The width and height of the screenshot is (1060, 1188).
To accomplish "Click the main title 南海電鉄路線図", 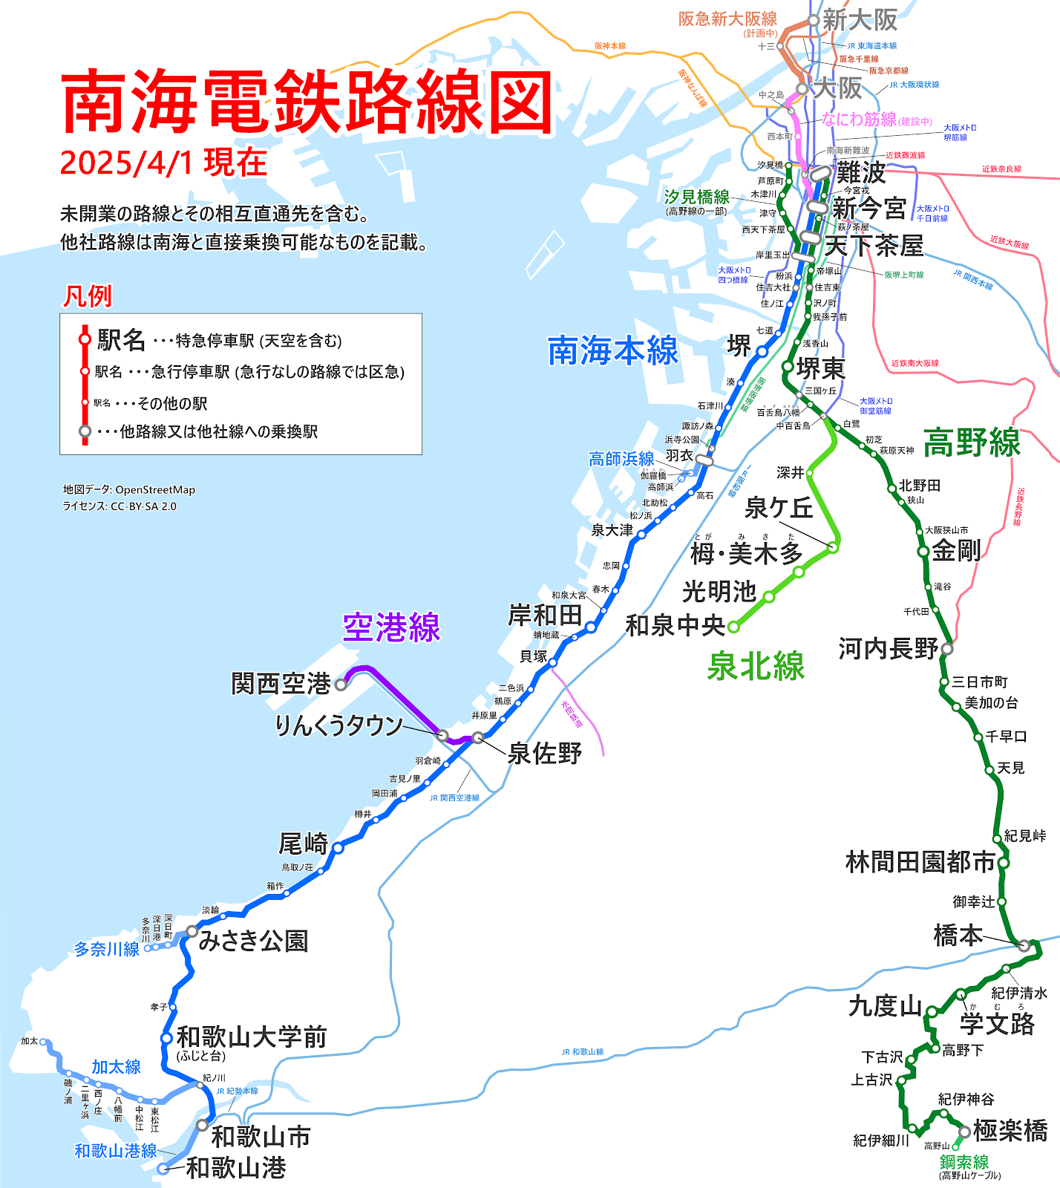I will pos(307,102).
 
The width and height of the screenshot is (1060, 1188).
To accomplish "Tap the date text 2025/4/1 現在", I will pos(163,163).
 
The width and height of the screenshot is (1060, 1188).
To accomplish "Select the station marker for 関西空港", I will pos(341,685).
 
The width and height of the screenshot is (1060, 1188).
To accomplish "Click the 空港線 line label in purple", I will pos(391,628).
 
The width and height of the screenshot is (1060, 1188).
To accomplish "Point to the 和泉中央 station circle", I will pos(733,627).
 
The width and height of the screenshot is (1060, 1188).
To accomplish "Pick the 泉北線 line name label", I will pos(755,666).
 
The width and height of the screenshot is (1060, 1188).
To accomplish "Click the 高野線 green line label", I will pos(972,443).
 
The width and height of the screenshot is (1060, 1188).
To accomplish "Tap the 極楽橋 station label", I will pos(1010,1131).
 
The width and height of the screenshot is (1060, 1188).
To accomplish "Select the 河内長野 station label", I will pos(889,648).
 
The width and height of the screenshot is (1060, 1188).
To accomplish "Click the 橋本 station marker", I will pos(1024,945).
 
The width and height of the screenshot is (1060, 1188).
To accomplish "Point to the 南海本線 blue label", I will pos(613,350).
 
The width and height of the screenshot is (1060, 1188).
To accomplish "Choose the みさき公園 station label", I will pos(253,941).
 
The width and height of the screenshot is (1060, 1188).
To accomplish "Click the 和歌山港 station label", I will pos(235,1168).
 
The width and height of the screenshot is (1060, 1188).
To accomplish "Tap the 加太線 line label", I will pos(116,1067).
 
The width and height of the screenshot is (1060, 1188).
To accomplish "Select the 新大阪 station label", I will pos(860,20).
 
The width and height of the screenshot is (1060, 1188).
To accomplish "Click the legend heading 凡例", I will pos(87,296).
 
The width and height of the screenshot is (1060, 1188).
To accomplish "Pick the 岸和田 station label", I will pos(545,616).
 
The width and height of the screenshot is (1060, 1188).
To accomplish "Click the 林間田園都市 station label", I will pos(920,862).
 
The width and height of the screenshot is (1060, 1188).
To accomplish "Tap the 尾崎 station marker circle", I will pos(338,848).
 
